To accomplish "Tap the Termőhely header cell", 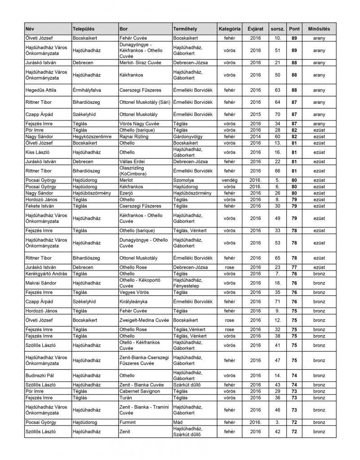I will [185, 29].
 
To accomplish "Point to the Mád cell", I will [178, 423].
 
